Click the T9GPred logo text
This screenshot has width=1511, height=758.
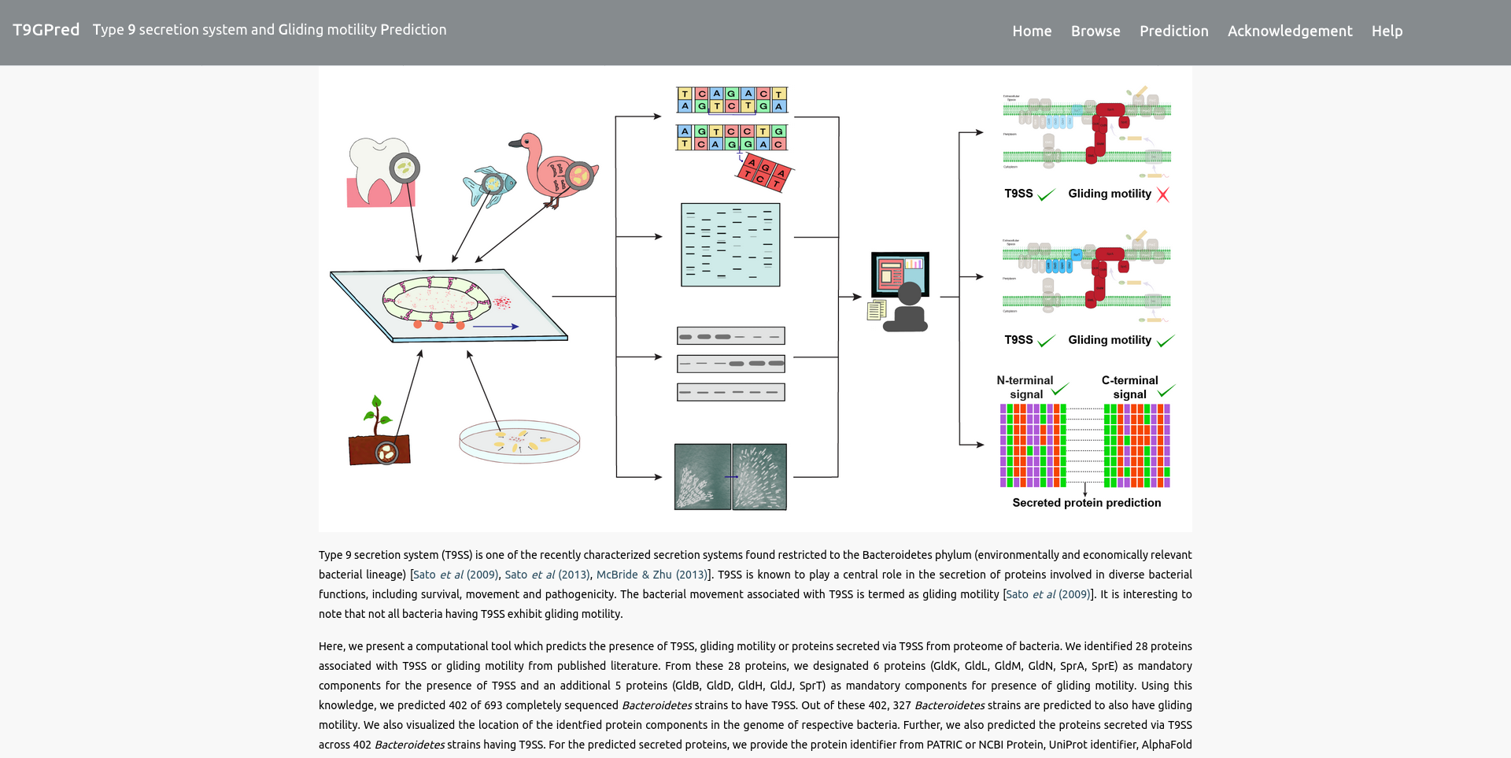pos(46,30)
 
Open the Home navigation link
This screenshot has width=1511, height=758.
pos(1032,31)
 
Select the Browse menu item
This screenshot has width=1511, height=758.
pos(1095,31)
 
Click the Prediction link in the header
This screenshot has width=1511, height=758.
pos(1173,31)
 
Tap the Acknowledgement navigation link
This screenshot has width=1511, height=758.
pos(1289,31)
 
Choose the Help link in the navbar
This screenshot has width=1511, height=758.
pos(1387,31)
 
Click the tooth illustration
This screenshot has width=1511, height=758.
pos(381,173)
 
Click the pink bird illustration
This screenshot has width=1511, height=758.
pos(554,169)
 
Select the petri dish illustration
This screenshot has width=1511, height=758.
pos(519,441)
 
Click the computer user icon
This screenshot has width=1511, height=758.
pos(901,291)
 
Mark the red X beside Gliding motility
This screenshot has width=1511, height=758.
pos(1162,194)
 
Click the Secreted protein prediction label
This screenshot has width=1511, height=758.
pos(1086,503)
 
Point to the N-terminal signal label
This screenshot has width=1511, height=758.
pos(1025,387)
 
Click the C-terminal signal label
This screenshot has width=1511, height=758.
pos(1129,387)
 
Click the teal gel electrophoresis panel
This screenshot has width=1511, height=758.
pos(730,245)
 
